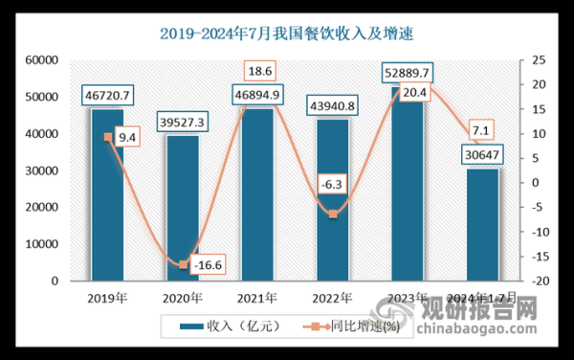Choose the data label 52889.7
406,73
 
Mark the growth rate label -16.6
204,262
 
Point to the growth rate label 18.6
260,72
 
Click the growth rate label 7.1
481,130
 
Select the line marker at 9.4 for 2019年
107,137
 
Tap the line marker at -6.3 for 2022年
332,214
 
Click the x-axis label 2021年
257,297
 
